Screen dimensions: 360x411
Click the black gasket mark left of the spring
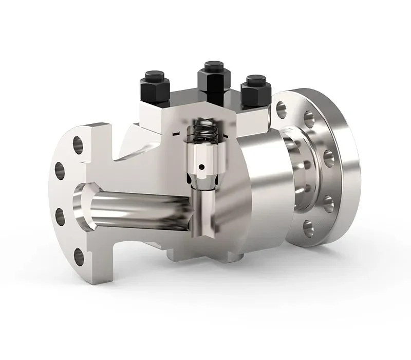(176, 135)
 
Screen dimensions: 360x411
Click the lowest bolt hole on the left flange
(79, 256)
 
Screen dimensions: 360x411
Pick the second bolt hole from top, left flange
(60, 170)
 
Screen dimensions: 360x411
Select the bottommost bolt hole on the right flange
(308, 227)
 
